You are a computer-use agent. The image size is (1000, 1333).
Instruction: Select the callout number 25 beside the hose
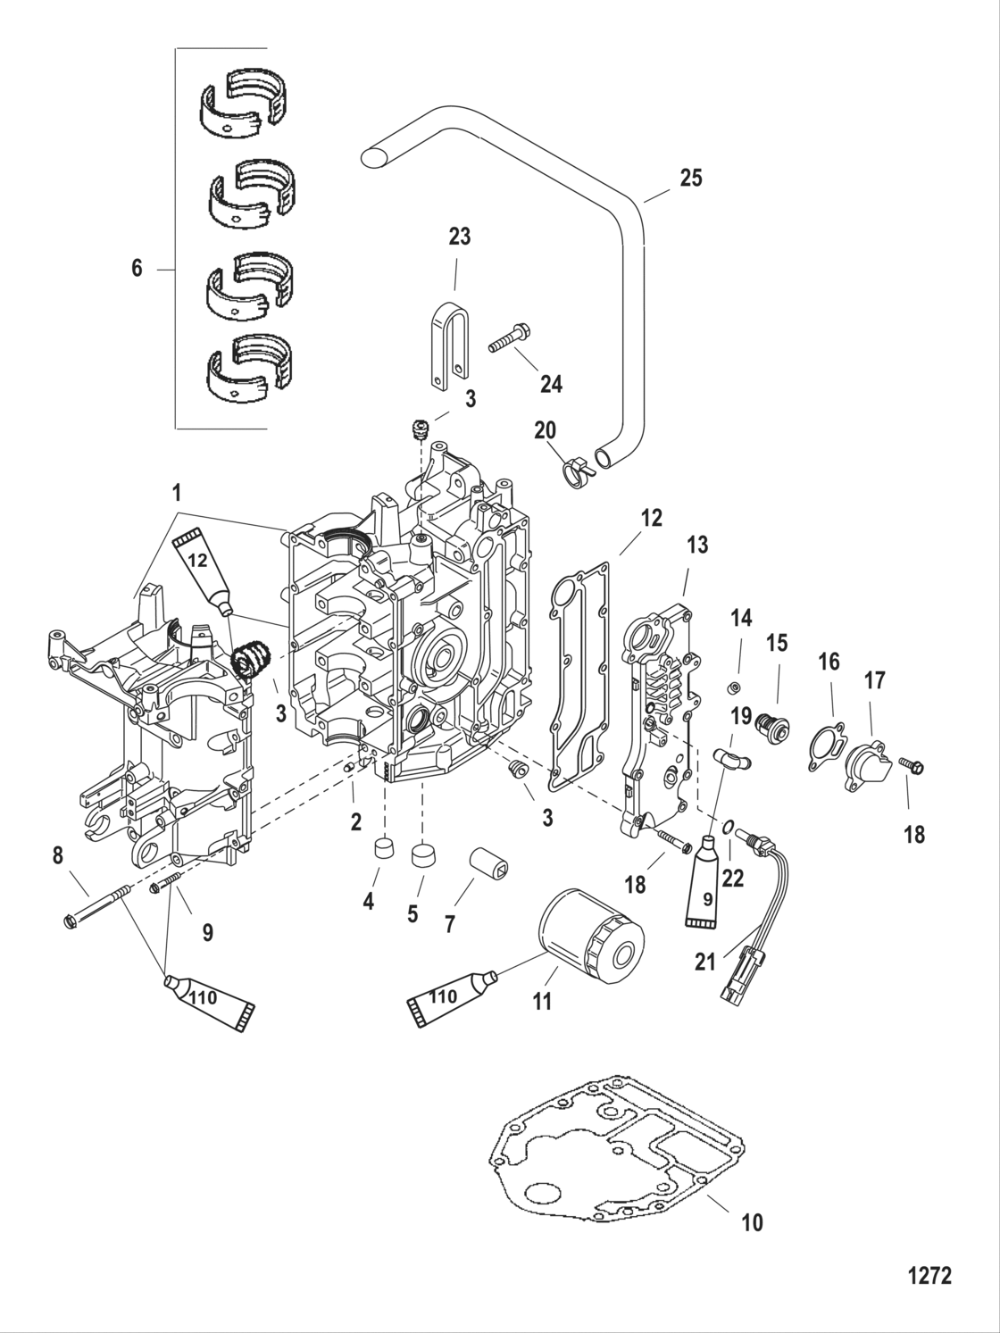pos(690,179)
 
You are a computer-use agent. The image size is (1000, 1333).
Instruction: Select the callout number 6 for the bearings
pos(137,268)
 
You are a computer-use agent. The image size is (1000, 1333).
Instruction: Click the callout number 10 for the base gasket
pos(752,1221)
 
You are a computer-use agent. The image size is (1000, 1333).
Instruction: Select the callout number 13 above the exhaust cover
pos(696,545)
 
